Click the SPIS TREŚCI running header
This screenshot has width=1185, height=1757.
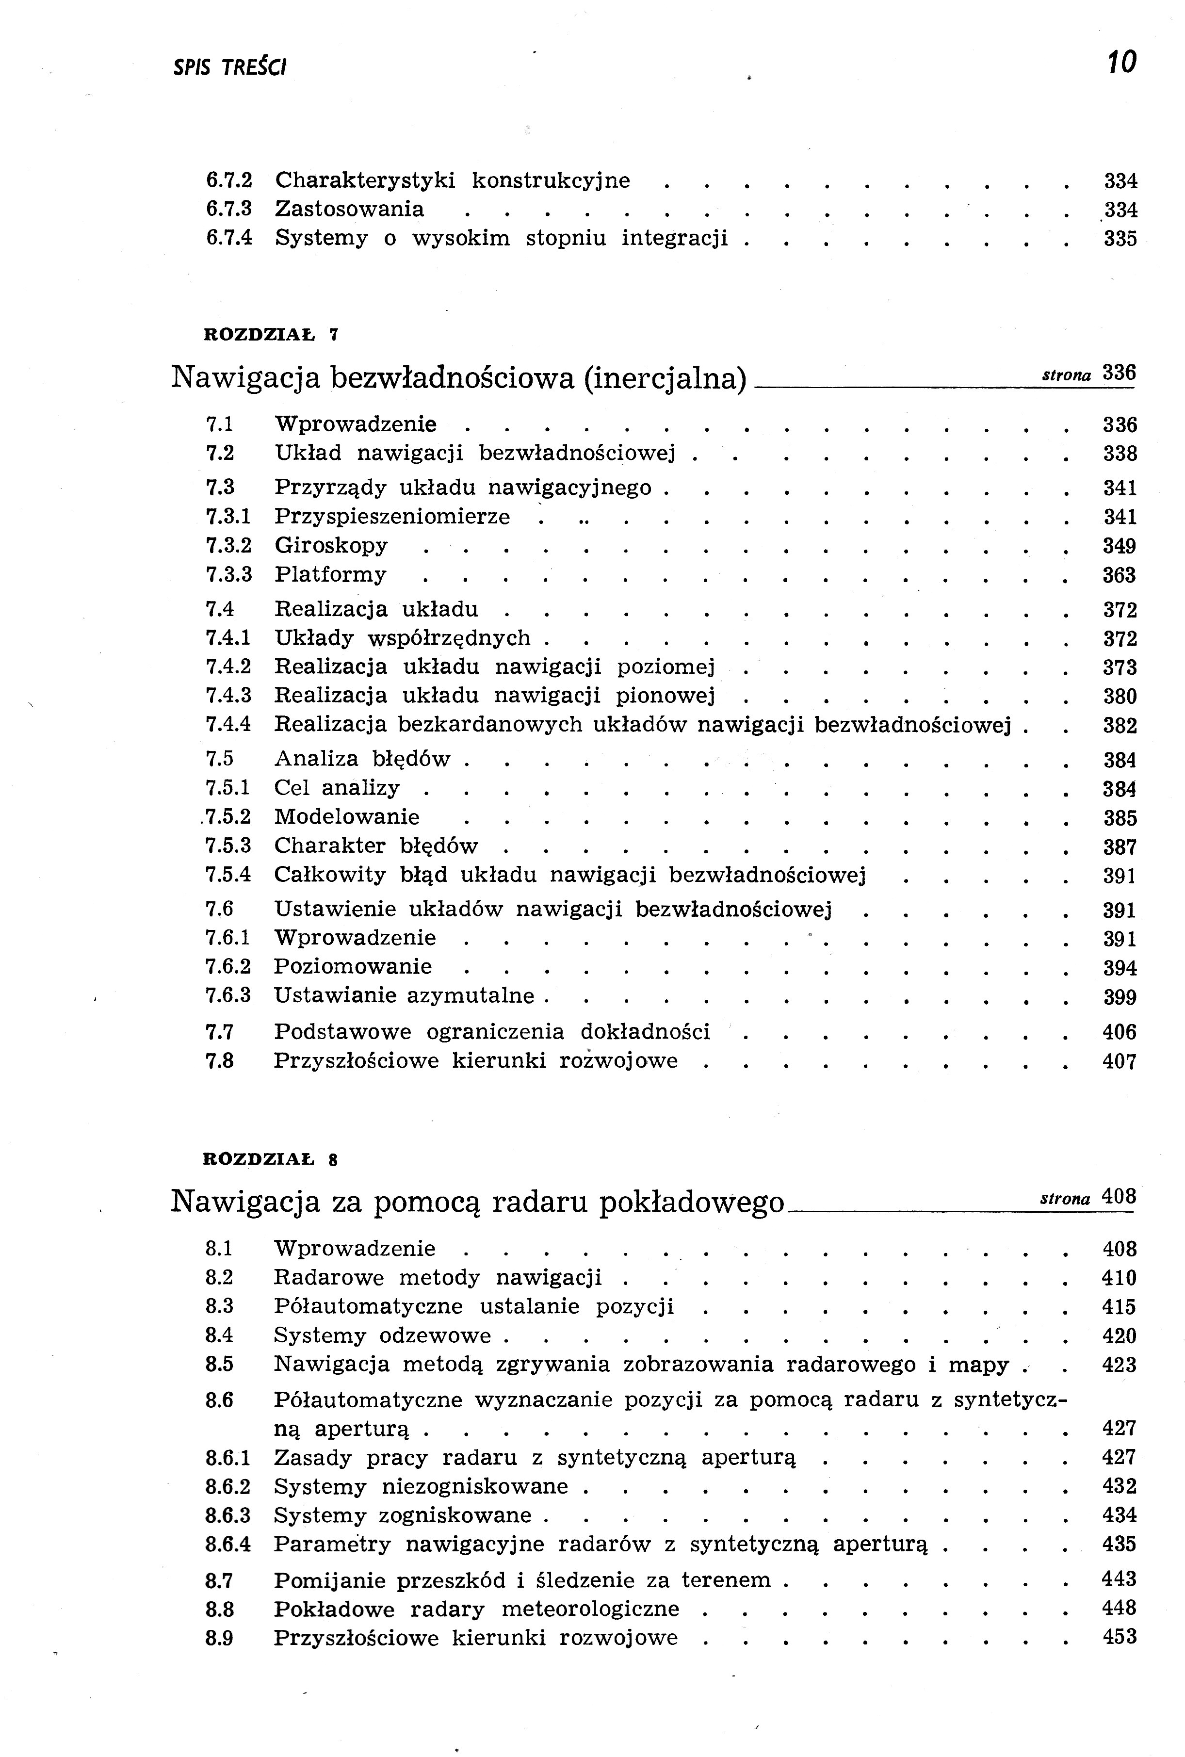(x=230, y=68)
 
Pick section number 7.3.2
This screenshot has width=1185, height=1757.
(x=228, y=546)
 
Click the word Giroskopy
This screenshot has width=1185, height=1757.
(x=331, y=546)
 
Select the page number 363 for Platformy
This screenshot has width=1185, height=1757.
(x=1119, y=576)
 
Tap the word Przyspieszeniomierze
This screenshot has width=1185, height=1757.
(x=391, y=517)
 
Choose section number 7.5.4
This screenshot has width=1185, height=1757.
(x=228, y=875)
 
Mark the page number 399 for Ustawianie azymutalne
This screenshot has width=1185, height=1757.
(x=1119, y=997)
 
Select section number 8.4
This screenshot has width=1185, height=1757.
(x=219, y=1335)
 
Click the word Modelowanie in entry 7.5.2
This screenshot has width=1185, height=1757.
(x=347, y=817)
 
